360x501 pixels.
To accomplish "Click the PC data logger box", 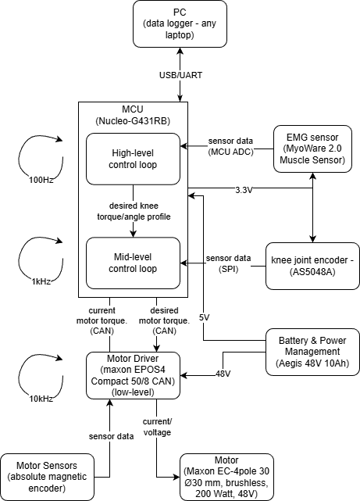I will (x=180, y=23).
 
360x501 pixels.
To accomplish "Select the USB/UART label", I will (x=180, y=76).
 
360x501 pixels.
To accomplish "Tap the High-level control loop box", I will (x=133, y=159).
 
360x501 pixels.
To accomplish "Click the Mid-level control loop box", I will (x=133, y=263).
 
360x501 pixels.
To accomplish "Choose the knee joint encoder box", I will (x=312, y=264).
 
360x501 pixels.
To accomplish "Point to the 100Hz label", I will (x=41, y=181).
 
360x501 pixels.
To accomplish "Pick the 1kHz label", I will (x=41, y=281).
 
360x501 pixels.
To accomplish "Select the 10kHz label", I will (x=41, y=399).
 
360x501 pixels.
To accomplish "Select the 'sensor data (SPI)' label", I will (x=228, y=263).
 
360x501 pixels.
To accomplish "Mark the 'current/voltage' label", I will (x=157, y=426).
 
